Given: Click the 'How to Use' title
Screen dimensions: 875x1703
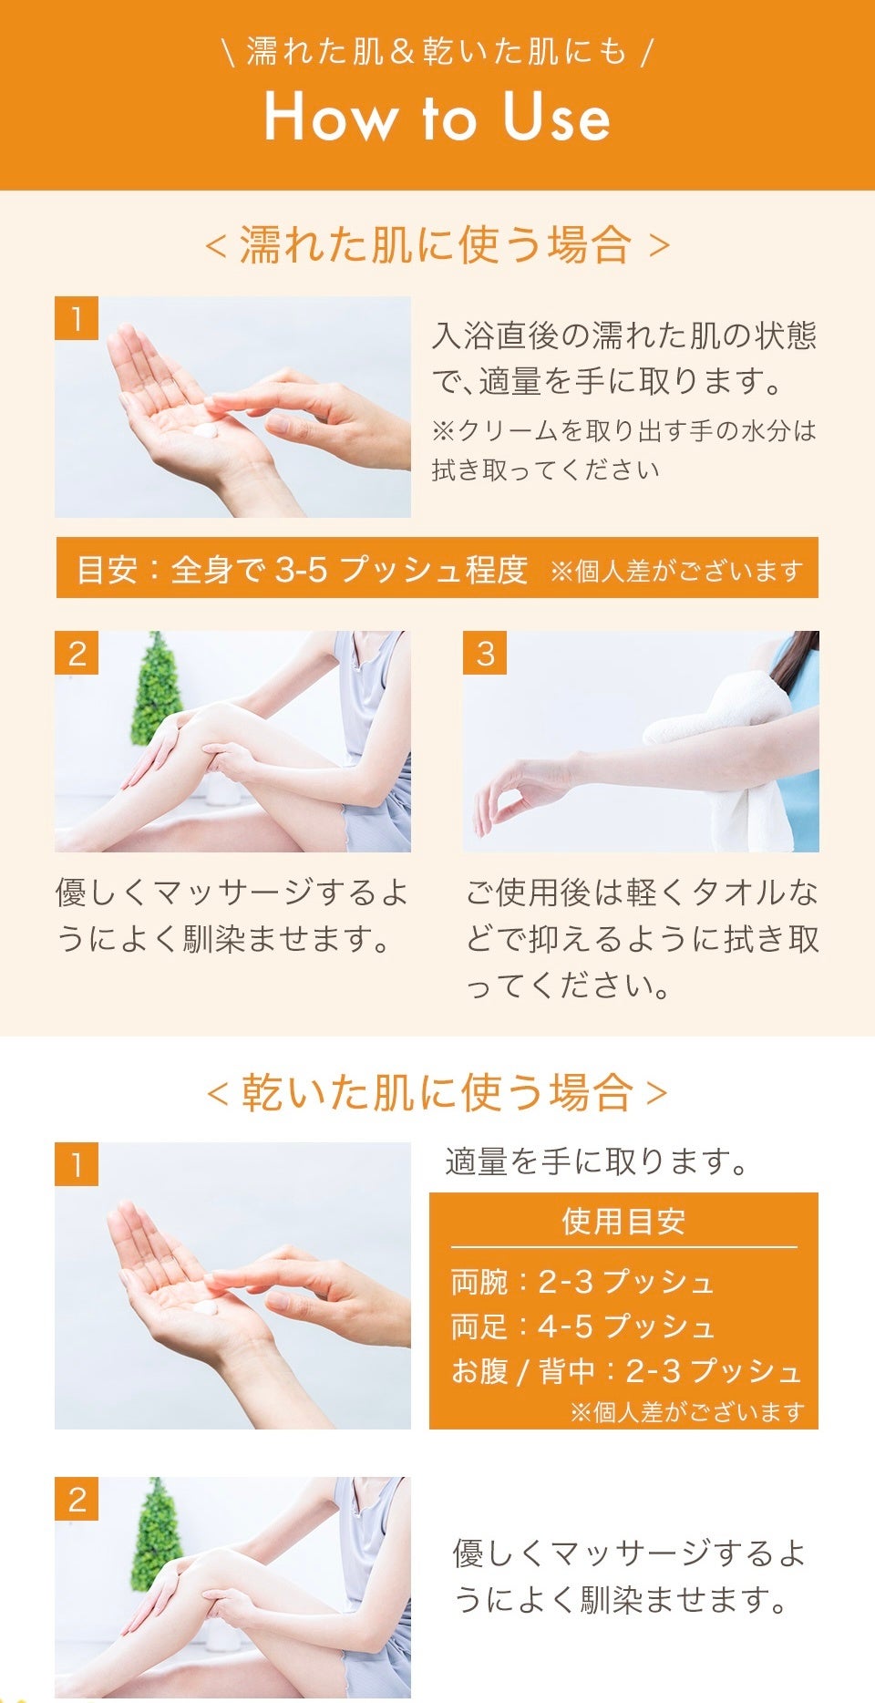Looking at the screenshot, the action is point(437,118).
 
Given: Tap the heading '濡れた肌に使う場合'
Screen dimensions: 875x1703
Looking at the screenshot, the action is point(437,244).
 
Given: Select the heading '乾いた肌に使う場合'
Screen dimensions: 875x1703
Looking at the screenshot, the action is point(437,1092).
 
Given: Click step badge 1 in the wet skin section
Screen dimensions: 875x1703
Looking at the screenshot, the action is point(77,318).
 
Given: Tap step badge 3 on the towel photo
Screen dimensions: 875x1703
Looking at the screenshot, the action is point(485,653).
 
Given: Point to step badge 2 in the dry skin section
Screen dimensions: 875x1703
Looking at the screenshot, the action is point(77,1499).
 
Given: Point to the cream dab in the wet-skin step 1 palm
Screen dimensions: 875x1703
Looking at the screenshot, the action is point(206,429).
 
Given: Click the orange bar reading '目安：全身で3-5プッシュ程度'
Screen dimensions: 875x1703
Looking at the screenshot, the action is point(437,568).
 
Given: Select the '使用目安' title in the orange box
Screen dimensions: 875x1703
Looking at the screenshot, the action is point(623,1221).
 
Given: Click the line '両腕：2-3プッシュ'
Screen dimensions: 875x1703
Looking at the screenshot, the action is point(582,1282).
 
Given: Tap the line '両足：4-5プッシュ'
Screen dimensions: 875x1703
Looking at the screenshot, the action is point(582,1326).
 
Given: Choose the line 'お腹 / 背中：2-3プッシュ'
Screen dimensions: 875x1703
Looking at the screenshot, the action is point(626,1370).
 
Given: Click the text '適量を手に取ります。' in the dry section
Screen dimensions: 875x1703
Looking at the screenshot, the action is point(597,1161).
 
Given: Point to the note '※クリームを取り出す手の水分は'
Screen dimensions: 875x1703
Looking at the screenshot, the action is point(624,430).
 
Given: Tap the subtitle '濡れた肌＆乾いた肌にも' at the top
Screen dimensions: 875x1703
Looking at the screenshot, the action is point(437,51).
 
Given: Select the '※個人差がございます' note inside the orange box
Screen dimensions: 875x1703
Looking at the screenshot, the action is point(687,1412).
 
